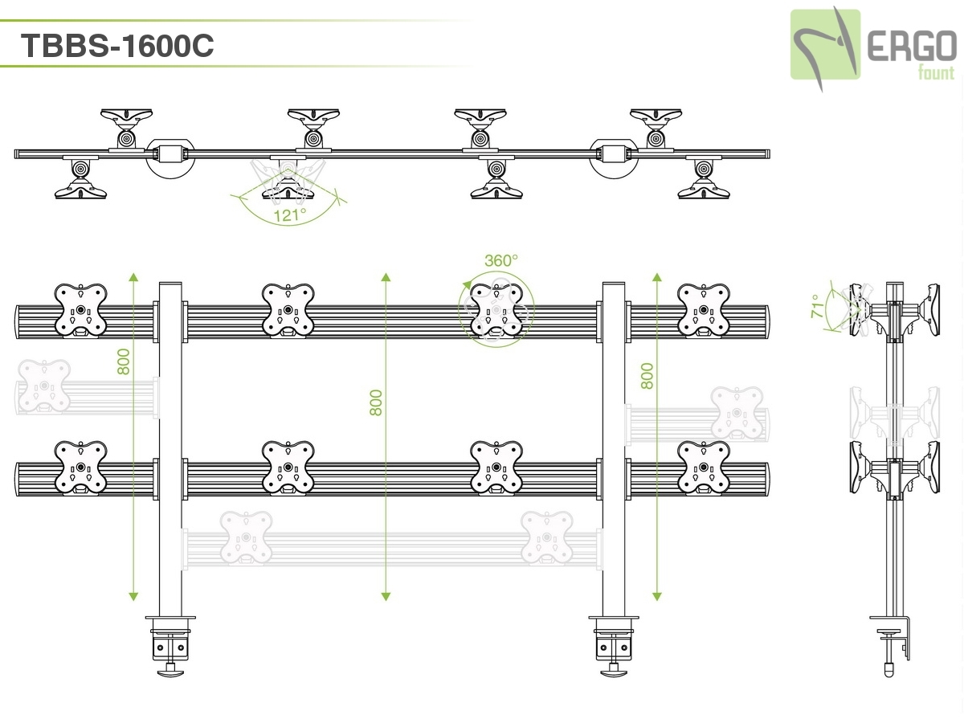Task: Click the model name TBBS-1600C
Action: pos(117,46)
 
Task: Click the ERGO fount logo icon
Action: pos(825,45)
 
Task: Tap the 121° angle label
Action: pos(290,214)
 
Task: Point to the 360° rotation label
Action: pos(501,260)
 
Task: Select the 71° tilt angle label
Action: pos(816,307)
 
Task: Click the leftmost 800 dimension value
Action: pos(123,361)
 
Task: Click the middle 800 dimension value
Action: pos(376,402)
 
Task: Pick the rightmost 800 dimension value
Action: pos(647,375)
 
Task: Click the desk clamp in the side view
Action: pos(893,639)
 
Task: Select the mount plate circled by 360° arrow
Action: pos(496,310)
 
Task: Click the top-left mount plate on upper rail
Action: pos(80,309)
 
